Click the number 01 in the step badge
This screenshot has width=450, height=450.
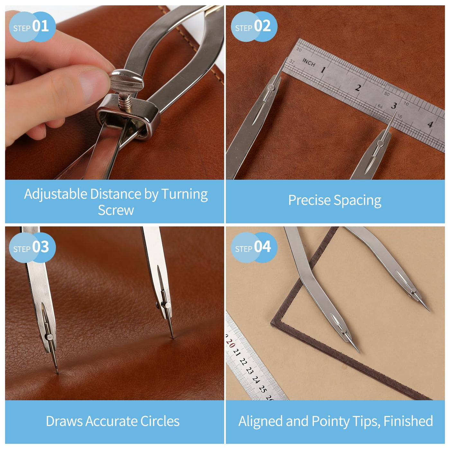tap(40, 26)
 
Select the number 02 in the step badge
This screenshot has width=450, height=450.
tap(262, 26)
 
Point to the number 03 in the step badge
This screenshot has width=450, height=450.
tap(40, 247)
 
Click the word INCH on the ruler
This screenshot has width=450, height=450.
tap(309, 62)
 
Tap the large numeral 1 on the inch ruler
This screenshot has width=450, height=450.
tap(323, 70)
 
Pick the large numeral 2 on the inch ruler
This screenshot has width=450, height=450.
tap(358, 88)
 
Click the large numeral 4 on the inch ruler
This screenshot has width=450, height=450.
tap(430, 124)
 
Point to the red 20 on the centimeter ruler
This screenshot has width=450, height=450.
tap(230, 344)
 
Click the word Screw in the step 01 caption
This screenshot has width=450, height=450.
tap(116, 210)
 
